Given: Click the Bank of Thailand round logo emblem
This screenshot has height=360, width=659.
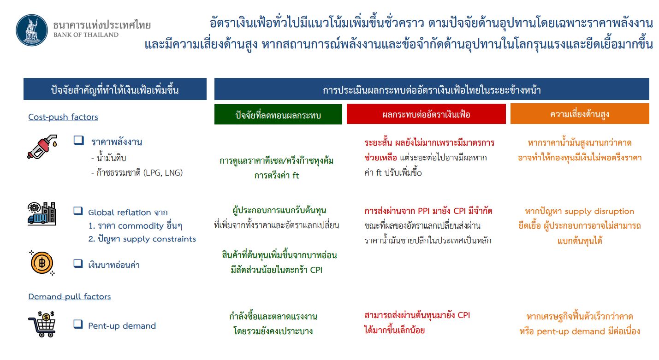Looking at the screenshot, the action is (x=32, y=30).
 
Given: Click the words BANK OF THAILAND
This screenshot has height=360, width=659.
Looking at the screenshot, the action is (x=86, y=35).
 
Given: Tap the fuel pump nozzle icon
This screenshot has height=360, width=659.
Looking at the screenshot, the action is (x=42, y=147).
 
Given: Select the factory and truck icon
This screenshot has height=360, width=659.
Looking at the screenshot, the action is (x=42, y=214).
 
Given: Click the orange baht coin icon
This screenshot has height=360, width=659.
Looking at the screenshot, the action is (x=42, y=263).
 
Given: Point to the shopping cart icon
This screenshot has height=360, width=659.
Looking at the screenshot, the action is (x=42, y=324).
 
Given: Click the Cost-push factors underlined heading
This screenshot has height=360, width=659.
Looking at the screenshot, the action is (x=63, y=117).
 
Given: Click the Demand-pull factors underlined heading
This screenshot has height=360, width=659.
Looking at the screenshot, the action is (x=70, y=296).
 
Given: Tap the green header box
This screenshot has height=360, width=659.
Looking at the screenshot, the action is (x=278, y=114).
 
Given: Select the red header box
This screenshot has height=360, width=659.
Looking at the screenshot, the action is (x=426, y=114).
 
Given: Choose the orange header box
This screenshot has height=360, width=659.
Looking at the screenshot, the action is (x=580, y=113).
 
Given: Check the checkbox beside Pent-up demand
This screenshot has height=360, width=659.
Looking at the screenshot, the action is (x=78, y=324).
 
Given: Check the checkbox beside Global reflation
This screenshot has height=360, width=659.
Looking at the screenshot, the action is (x=78, y=211).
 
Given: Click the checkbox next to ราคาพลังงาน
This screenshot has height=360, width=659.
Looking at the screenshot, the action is (x=78, y=140).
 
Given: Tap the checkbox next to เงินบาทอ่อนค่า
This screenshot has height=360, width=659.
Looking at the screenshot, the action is (x=78, y=263).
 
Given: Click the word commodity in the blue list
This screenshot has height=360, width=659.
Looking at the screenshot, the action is (x=141, y=226).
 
